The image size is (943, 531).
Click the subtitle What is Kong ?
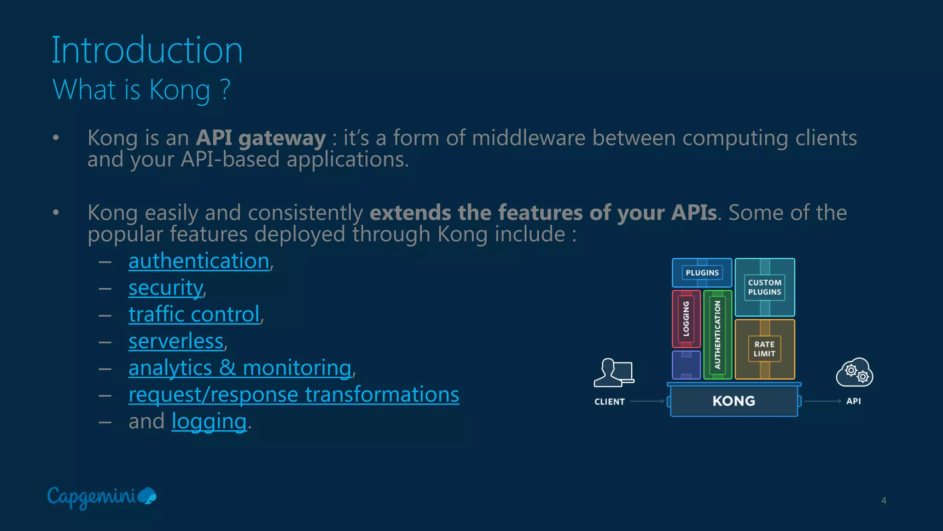pos(141,89)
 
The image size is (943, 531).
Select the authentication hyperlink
pos(198,261)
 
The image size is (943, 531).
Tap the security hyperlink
pos(165,288)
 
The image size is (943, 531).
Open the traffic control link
pos(194,315)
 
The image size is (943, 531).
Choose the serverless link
pos(176,341)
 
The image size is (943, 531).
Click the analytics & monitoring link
pos(240,368)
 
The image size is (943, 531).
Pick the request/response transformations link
pos(293,395)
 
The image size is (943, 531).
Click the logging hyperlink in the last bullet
pos(209,421)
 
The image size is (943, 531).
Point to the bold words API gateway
pos(261,138)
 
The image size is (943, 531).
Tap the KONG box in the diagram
pos(733,401)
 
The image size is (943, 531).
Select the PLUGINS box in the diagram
pos(702,273)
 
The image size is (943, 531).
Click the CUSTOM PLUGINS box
pos(764,287)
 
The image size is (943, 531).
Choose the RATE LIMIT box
pos(764,349)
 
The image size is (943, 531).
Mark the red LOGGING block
pos(686,319)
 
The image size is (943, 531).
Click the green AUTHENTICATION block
pos(717,334)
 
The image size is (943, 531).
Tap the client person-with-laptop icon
pos(614,373)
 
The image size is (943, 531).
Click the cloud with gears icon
pos(854,372)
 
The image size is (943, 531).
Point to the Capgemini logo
pos(101,497)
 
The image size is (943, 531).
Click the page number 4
pos(883,500)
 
